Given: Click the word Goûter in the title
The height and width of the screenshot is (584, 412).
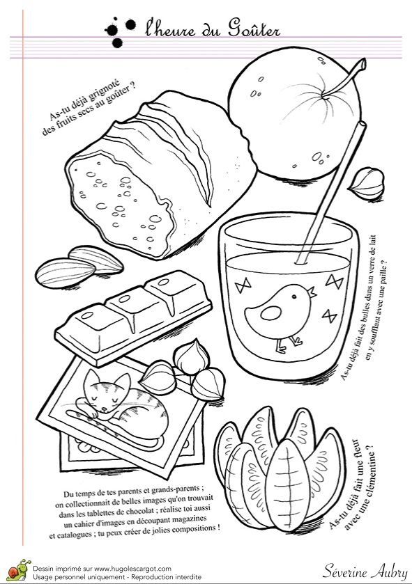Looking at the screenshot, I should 247,29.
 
